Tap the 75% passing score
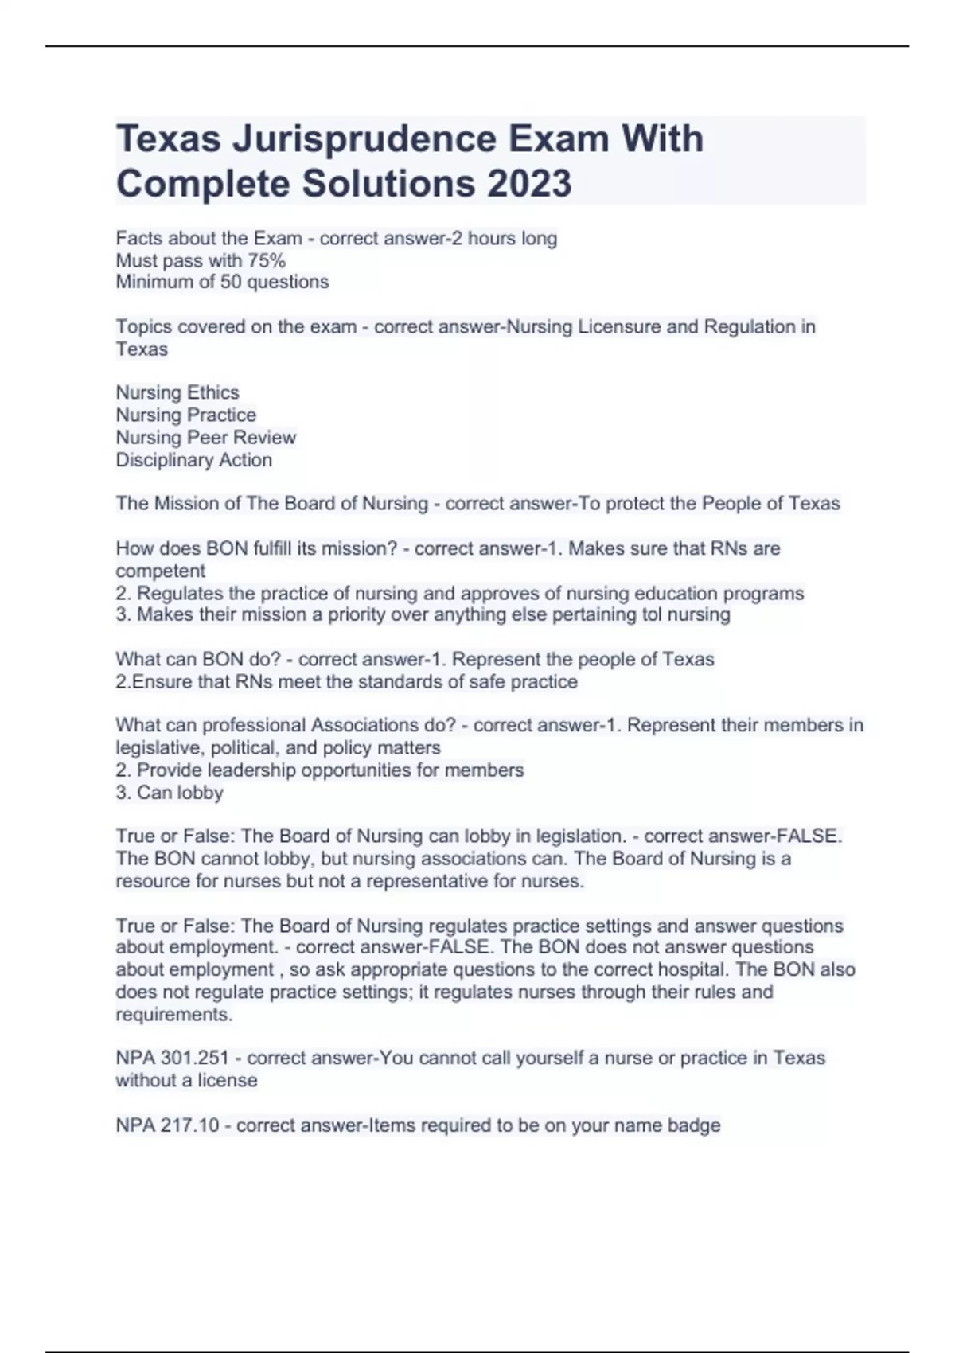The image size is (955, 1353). (267, 260)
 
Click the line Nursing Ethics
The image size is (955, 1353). (177, 392)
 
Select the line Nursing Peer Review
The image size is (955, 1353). (205, 437)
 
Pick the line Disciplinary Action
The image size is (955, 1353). (193, 460)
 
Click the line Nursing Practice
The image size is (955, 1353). (185, 415)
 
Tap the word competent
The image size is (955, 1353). (160, 571)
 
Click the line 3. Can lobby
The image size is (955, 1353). (169, 793)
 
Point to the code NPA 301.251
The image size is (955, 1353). (172, 1058)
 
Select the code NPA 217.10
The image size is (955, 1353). (167, 1125)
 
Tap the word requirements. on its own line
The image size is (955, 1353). (173, 1015)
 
